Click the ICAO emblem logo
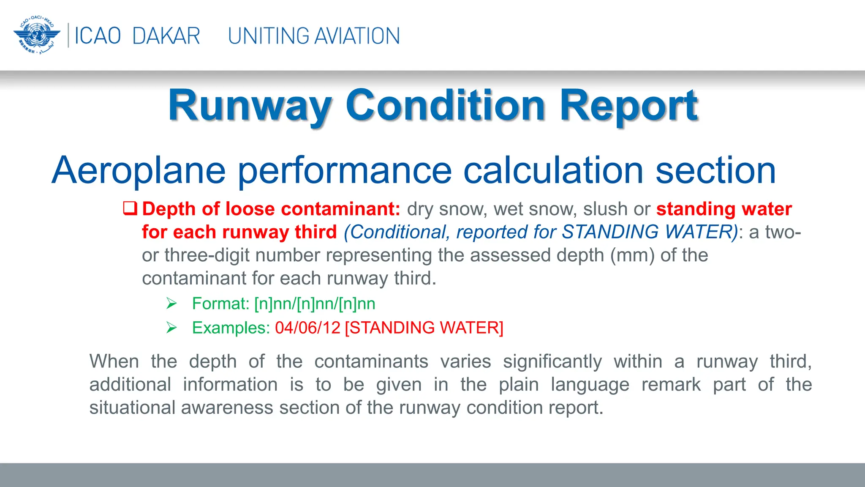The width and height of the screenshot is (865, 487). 37,36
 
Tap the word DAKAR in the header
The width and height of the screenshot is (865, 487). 166,36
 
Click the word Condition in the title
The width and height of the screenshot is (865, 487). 445,106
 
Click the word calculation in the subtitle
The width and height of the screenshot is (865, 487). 553,170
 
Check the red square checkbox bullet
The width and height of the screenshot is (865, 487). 130,208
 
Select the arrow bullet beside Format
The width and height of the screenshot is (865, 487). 171,304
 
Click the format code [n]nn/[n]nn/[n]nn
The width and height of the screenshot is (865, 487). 315,304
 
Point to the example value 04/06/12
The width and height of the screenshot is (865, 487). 307,328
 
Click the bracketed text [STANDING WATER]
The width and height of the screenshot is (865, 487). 424,328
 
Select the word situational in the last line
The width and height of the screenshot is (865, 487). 132,408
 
